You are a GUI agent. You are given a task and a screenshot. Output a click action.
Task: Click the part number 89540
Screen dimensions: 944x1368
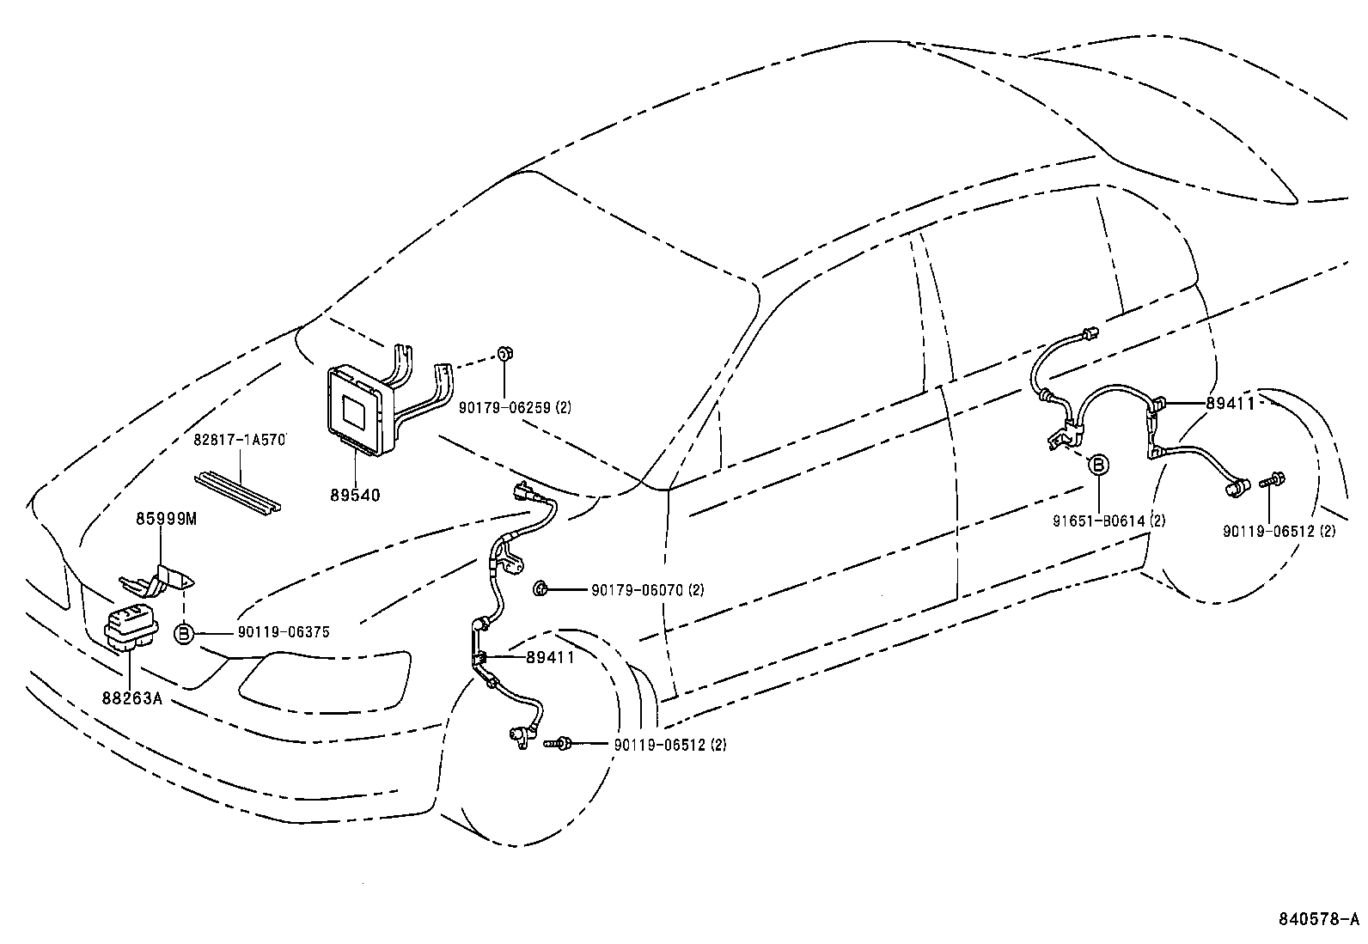[355, 496]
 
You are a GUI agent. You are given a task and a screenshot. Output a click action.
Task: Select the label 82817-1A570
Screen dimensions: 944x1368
[239, 440]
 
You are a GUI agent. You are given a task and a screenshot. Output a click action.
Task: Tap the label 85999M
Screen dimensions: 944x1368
[165, 519]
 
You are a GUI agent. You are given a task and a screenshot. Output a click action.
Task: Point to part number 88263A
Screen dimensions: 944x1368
[131, 698]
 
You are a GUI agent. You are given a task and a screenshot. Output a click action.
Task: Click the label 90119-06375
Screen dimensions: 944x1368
[284, 633]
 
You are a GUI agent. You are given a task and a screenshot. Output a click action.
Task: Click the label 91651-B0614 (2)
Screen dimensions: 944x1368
[1108, 521]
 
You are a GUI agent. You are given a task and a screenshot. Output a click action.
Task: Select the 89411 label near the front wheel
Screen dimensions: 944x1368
[550, 657]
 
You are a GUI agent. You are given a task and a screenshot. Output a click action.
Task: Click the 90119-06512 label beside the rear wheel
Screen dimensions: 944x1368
[1279, 531]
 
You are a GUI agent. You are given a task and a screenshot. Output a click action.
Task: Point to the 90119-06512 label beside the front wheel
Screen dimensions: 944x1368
[669, 745]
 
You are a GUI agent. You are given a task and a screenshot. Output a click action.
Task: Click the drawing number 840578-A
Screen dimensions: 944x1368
[1317, 919]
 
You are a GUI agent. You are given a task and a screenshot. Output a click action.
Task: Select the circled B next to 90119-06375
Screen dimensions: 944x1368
[184, 634]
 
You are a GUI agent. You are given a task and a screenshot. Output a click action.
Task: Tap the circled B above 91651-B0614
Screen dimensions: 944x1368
[1099, 465]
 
